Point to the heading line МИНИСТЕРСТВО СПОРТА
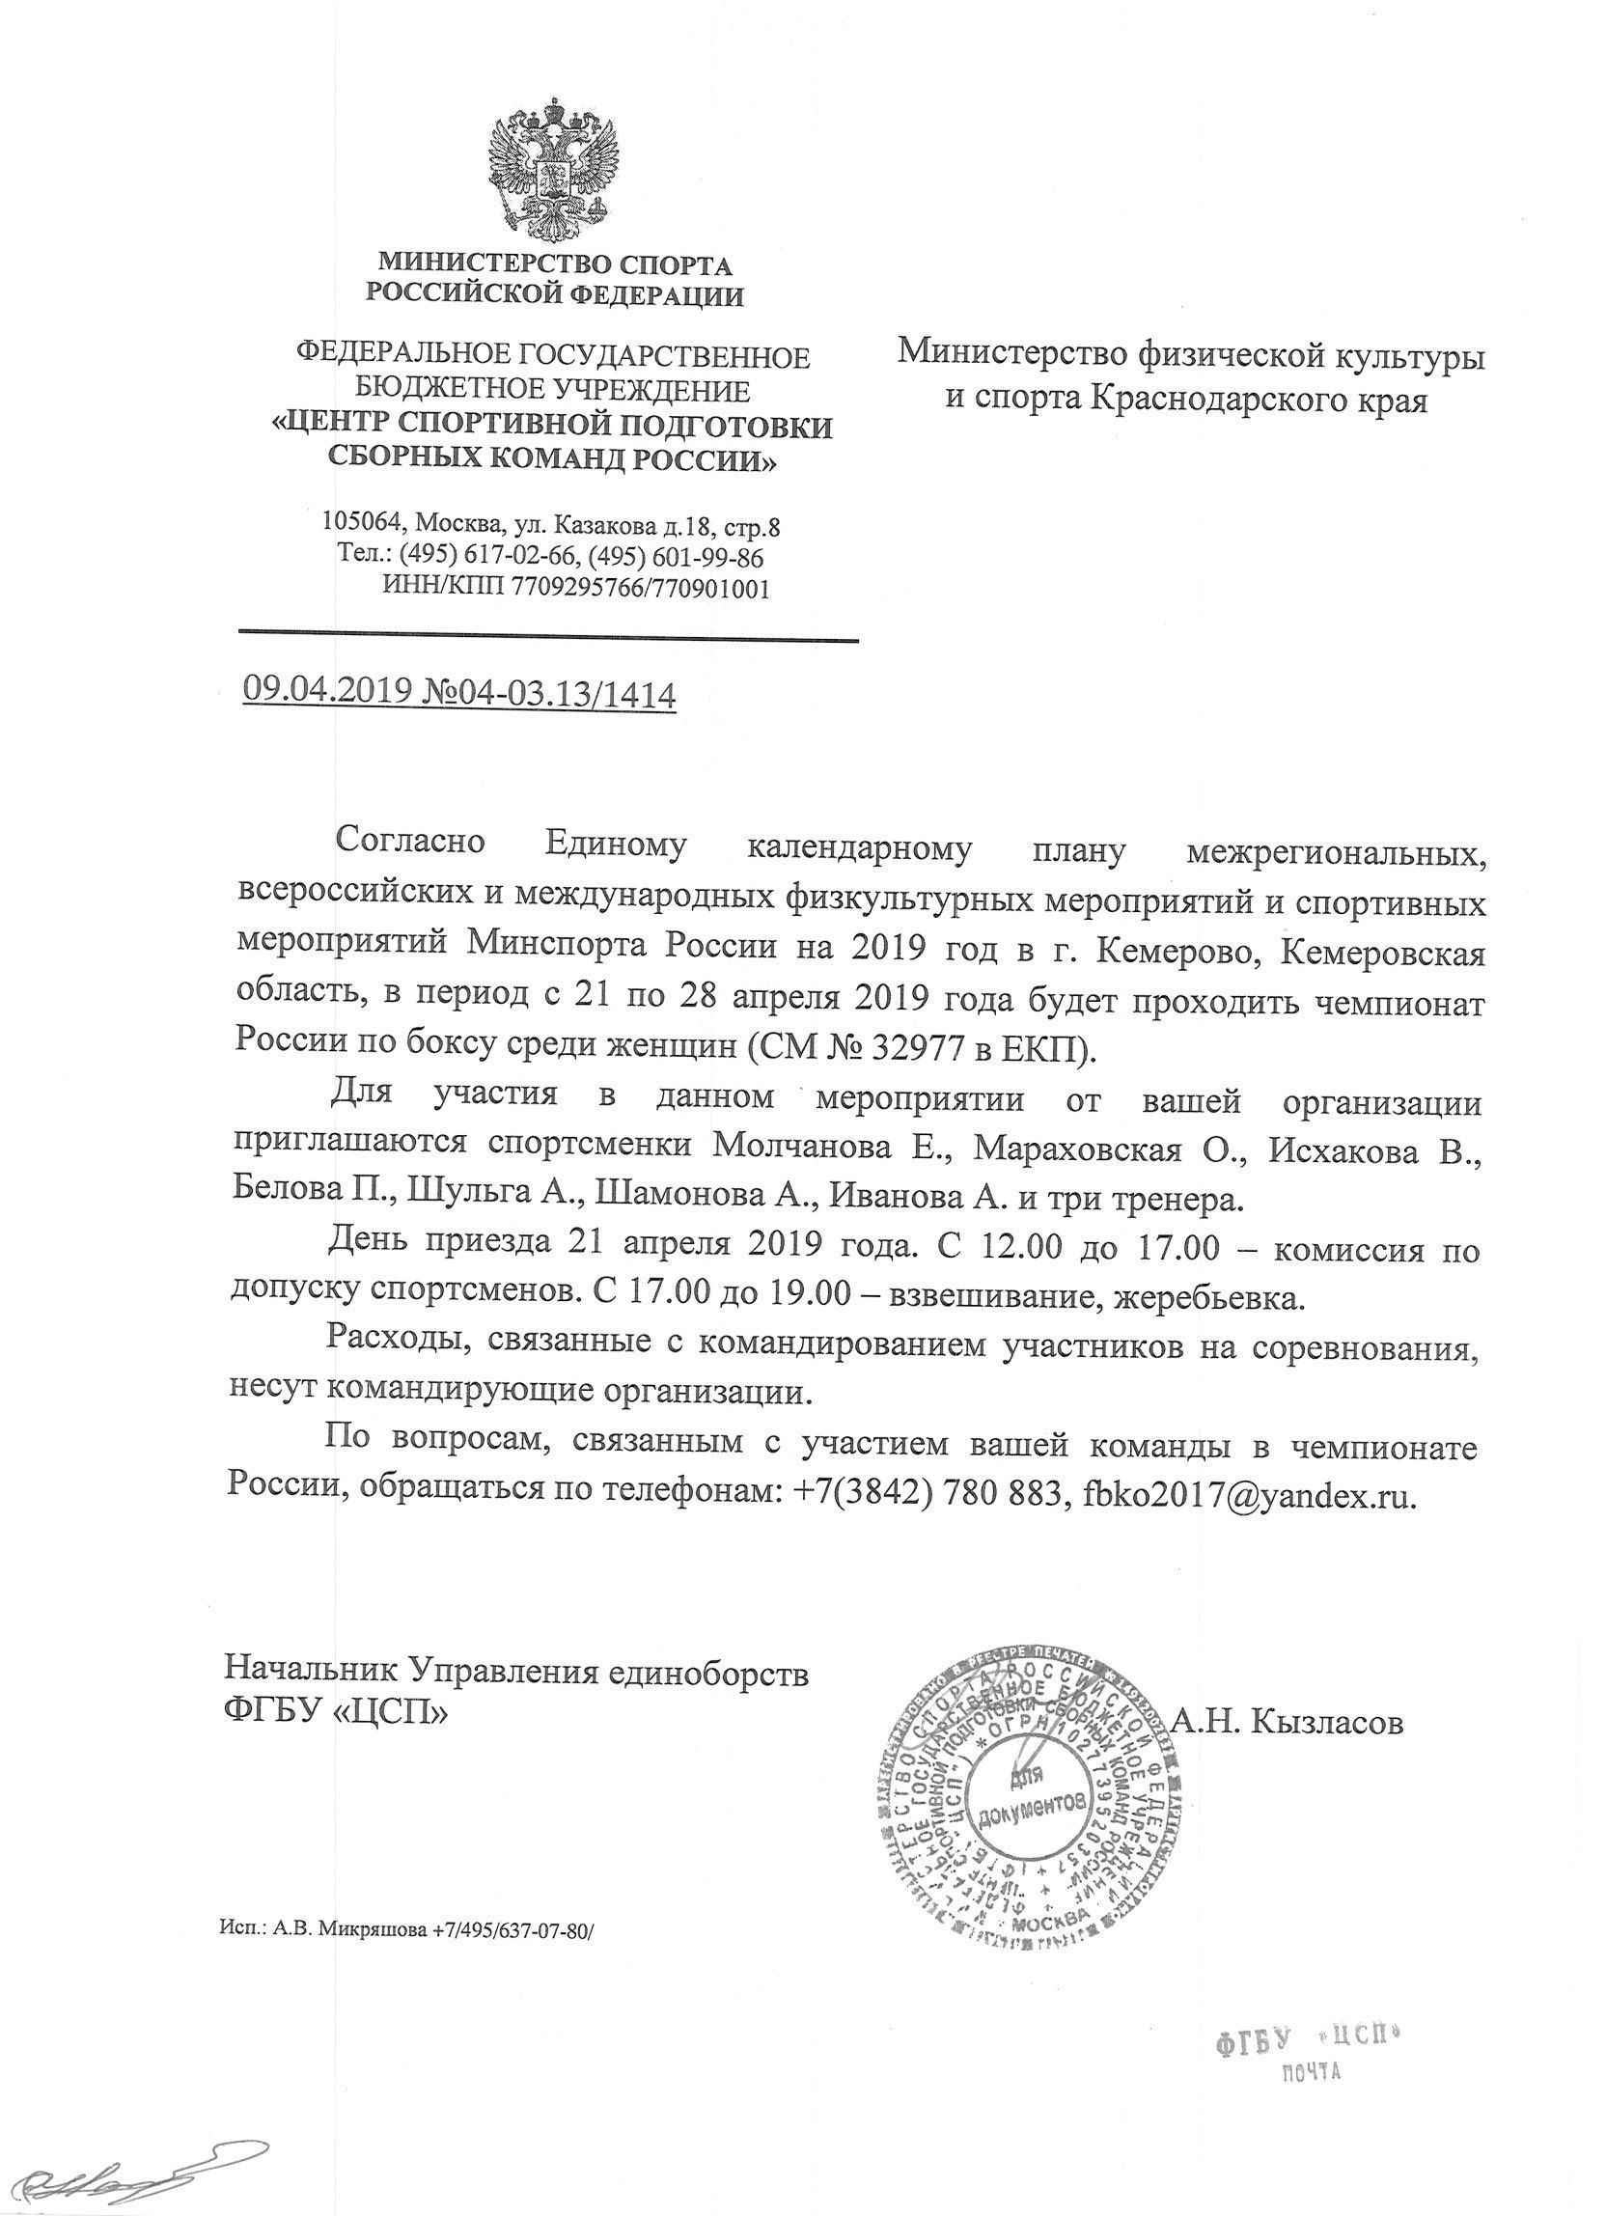pyautogui.click(x=555, y=263)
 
